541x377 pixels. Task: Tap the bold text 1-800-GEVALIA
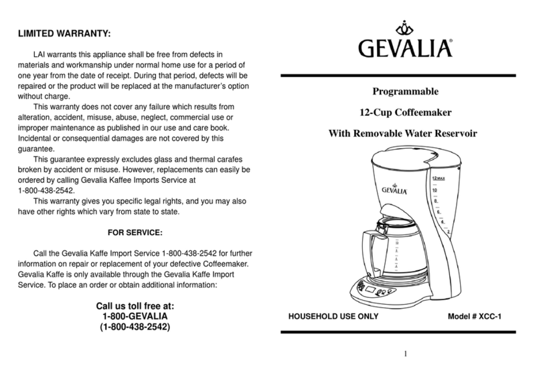pyautogui.click(x=135, y=316)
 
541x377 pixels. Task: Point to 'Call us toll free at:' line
pyautogui.click(x=135, y=305)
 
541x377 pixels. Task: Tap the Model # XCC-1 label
pyautogui.click(x=475, y=315)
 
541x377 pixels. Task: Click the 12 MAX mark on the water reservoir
pyautogui.click(x=439, y=179)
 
